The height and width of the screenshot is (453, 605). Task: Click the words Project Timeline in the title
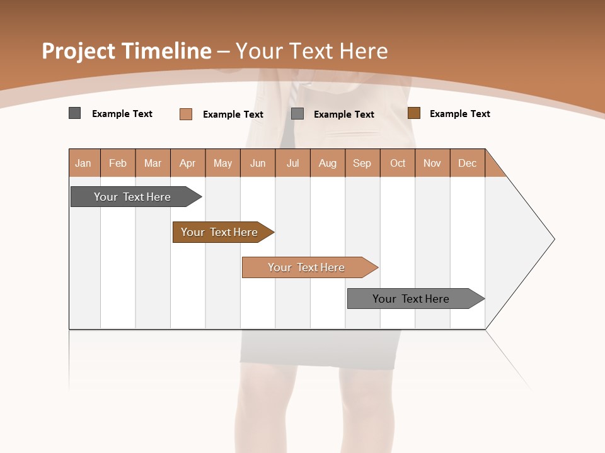126,51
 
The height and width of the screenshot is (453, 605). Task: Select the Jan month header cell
84,163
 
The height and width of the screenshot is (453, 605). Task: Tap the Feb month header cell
118,163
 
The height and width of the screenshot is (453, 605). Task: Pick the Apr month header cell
188,163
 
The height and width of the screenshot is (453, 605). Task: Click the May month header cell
222,163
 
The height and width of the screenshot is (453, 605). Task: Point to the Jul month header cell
293,163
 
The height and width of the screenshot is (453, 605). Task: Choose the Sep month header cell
362,163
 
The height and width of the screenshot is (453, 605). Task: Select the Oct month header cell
398,163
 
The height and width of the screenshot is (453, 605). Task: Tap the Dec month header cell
468,163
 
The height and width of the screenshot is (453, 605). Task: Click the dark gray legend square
74,113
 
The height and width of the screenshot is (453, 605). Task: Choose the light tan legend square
185,114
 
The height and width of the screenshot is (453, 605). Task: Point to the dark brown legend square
413,113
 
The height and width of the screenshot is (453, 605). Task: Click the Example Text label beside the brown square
459,114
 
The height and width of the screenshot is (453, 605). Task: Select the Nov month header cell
432,163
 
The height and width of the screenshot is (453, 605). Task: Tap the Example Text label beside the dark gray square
122,114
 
